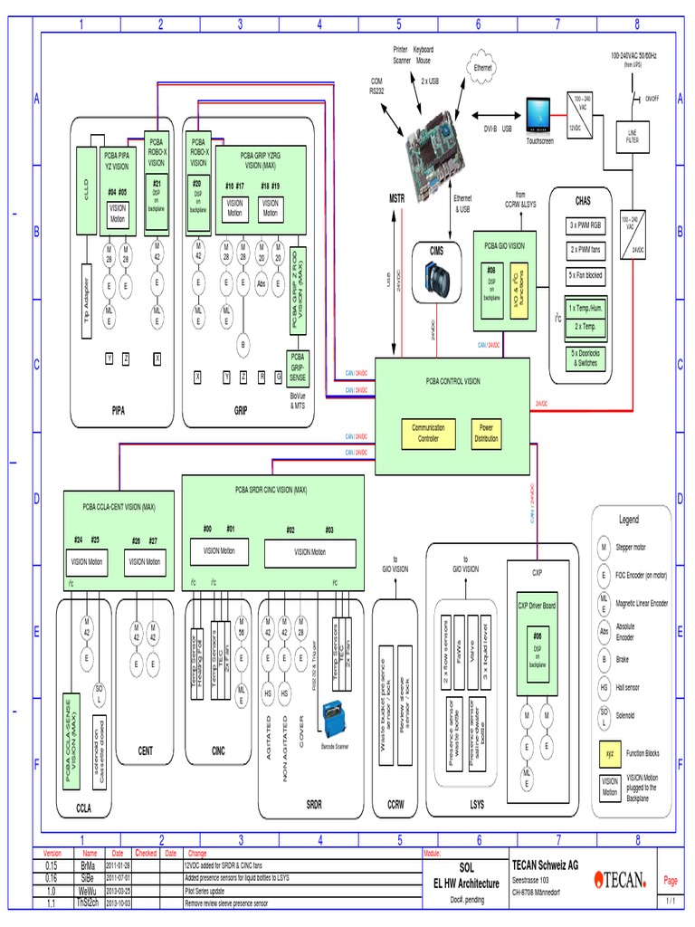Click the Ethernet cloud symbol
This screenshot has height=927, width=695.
481,68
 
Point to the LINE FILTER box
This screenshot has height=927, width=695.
633,137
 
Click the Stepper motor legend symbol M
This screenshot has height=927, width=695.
604,548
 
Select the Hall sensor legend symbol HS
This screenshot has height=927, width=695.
604,689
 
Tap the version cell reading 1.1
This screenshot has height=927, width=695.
52,903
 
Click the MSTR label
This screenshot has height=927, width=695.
397,197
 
